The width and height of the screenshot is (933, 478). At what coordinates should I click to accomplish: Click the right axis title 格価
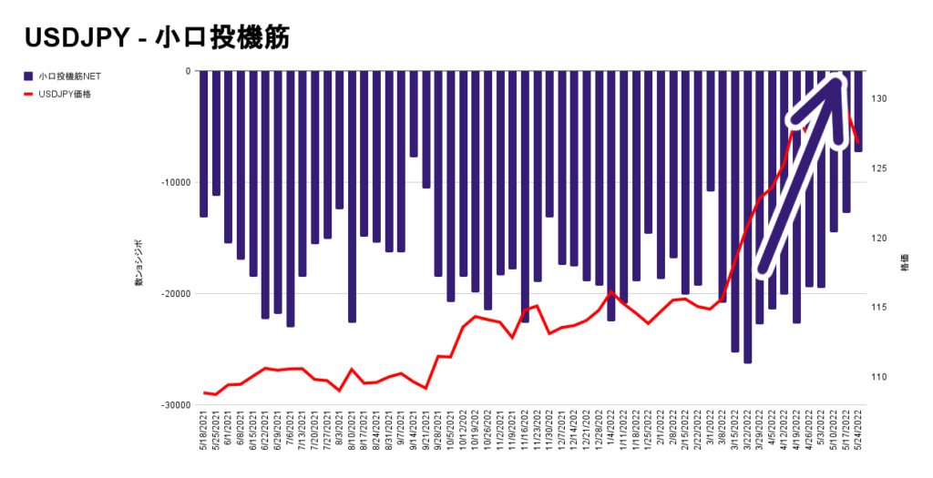905,264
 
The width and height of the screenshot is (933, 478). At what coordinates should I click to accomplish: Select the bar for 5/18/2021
204,144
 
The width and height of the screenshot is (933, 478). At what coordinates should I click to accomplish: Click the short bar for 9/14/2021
414,114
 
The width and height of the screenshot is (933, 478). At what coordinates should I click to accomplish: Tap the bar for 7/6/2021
291,198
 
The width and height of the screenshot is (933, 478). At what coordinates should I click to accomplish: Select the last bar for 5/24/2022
858,111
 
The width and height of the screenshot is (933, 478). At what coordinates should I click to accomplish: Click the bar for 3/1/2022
710,131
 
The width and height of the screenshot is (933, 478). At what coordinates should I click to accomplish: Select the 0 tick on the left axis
187,71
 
